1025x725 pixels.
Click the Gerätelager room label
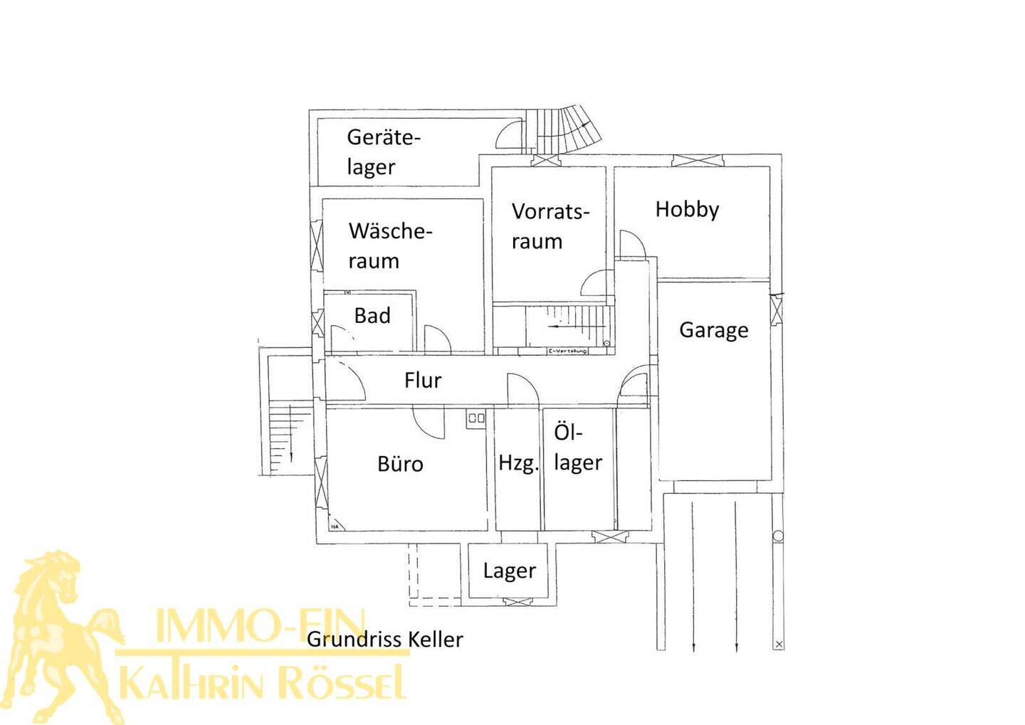pyautogui.click(x=384, y=152)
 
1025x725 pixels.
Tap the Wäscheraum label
pyautogui.click(x=390, y=245)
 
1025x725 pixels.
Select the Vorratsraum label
pyautogui.click(x=550, y=226)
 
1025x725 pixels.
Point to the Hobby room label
pyautogui.click(x=687, y=209)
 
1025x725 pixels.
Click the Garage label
pyautogui.click(x=713, y=330)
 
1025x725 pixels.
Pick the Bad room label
pyautogui.click(x=372, y=315)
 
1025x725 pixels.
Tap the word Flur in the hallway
pyautogui.click(x=423, y=380)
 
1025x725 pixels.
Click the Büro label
pyautogui.click(x=400, y=464)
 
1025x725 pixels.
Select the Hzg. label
pyautogui.click(x=518, y=463)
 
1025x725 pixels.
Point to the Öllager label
pyautogui.click(x=577, y=448)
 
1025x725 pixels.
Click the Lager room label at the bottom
pyautogui.click(x=509, y=571)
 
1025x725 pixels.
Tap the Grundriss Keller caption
pyautogui.click(x=384, y=639)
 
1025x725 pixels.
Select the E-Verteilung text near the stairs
pyautogui.click(x=567, y=351)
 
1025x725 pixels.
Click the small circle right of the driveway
pyautogui.click(x=778, y=536)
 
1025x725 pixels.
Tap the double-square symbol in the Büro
pyautogui.click(x=476, y=418)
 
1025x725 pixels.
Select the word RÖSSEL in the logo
pyautogui.click(x=342, y=683)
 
